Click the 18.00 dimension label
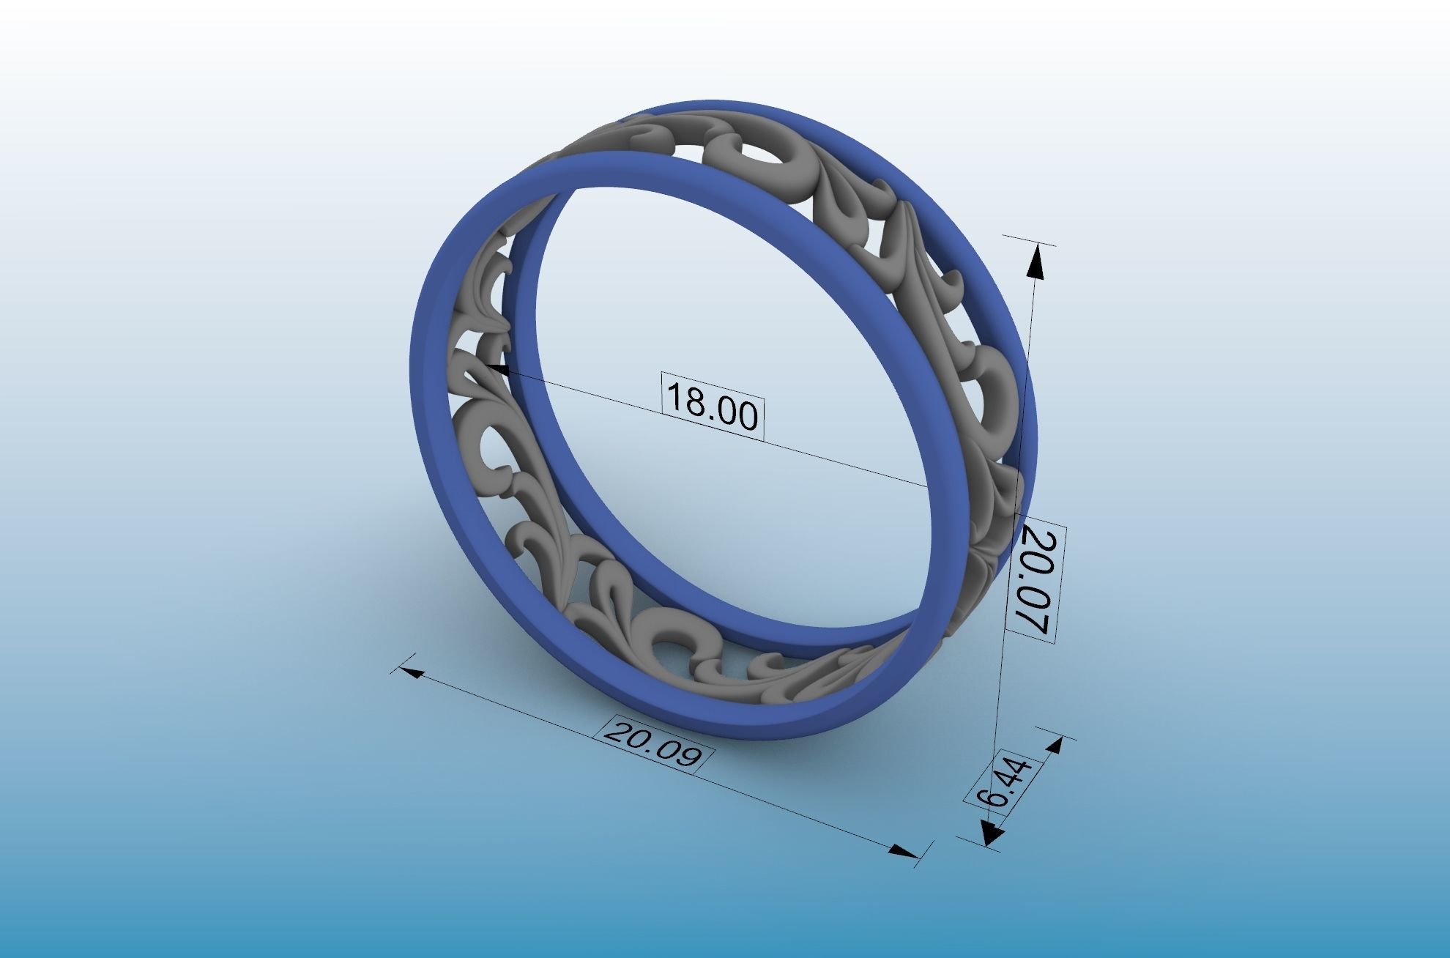coord(713,407)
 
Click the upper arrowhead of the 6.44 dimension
coord(1055,746)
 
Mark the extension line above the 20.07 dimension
coord(1029,240)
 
